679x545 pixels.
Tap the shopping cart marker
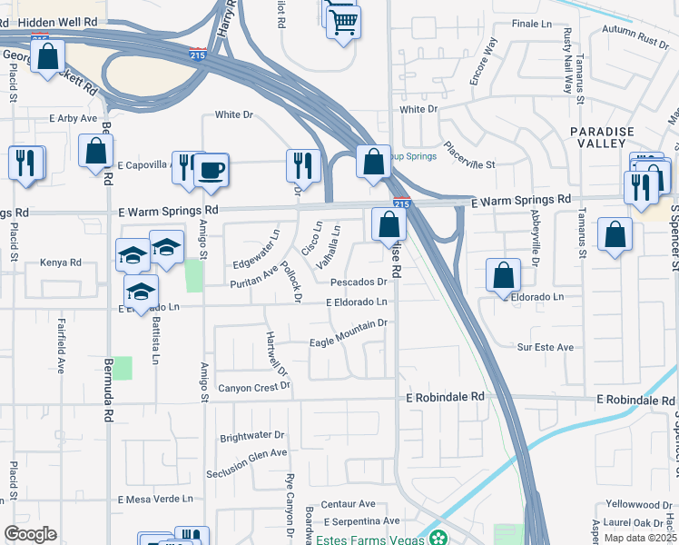(x=343, y=22)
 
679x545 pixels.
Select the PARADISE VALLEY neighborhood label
(x=602, y=137)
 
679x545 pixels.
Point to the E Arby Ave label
(x=73, y=118)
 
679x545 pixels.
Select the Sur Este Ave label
(x=546, y=347)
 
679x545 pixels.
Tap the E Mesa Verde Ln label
(x=156, y=499)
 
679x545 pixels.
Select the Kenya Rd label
(x=61, y=263)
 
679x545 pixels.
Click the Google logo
(x=30, y=534)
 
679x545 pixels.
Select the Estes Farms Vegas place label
(x=372, y=537)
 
